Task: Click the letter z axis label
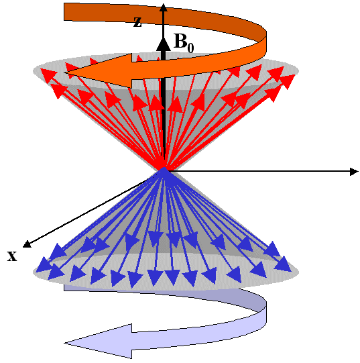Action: (137, 22)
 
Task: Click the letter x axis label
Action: (12, 256)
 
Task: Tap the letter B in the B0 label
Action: (180, 41)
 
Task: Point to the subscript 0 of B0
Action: (190, 48)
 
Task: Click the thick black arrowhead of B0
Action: (164, 45)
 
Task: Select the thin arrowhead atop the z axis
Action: (164, 7)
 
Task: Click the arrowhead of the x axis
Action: (27, 244)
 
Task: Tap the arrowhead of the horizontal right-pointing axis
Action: (354, 172)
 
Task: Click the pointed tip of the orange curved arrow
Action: (65, 72)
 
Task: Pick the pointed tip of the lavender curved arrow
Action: (65, 343)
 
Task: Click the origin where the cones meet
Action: (164, 170)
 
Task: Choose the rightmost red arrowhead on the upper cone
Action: (288, 81)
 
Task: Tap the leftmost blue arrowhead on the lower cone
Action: (44, 264)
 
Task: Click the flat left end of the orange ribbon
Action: (64, 11)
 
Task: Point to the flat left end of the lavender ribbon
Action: (64, 288)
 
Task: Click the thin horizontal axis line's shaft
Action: (259, 171)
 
